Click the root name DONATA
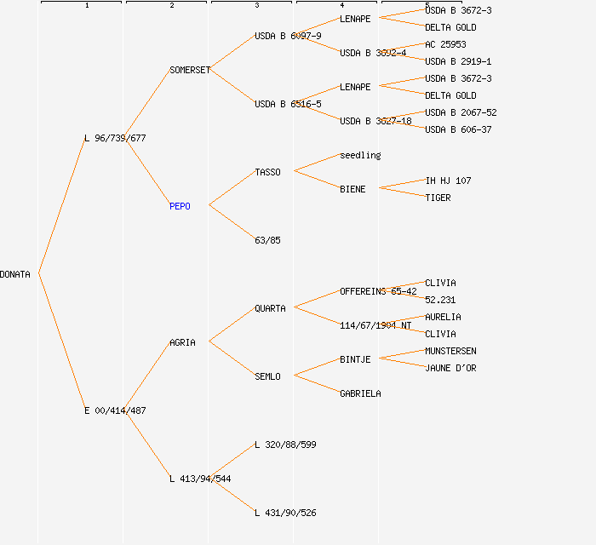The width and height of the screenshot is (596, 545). click(x=15, y=274)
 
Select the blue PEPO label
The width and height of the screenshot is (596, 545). click(x=180, y=206)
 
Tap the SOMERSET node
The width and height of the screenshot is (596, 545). click(x=189, y=70)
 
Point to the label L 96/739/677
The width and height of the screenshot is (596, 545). click(x=115, y=138)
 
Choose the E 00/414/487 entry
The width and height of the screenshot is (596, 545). click(x=115, y=410)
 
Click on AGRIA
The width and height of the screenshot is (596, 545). click(x=182, y=342)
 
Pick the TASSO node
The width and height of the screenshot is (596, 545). click(x=267, y=172)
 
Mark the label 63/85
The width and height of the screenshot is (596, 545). click(x=267, y=240)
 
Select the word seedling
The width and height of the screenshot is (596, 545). click(x=360, y=155)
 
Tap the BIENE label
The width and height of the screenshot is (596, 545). click(x=352, y=189)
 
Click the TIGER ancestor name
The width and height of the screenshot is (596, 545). click(x=438, y=198)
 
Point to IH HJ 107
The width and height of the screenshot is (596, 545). click(x=448, y=181)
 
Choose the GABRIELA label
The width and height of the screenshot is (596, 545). click(x=360, y=393)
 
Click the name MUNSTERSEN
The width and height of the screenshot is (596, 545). click(x=450, y=351)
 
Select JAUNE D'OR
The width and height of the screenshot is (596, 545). click(x=450, y=368)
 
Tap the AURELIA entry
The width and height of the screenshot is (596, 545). click(x=443, y=317)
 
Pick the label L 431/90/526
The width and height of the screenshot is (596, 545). click(x=285, y=513)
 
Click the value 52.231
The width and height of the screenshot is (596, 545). click(x=440, y=300)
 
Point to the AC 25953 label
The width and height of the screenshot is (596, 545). click(x=445, y=44)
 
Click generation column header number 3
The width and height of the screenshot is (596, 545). click(x=256, y=6)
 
